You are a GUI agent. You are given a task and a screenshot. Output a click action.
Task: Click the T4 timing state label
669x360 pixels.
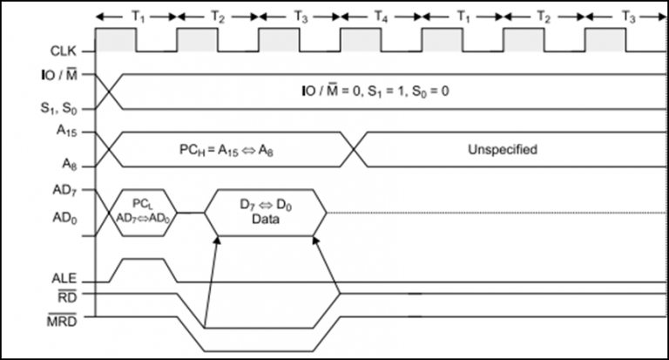click(381, 16)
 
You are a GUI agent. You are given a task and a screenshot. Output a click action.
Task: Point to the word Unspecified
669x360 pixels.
click(501, 149)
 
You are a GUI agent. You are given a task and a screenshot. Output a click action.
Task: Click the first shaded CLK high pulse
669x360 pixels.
click(116, 40)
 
